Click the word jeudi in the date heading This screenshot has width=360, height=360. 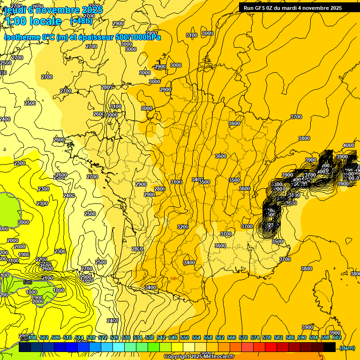[15, 9]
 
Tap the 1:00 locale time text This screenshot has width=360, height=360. [33, 21]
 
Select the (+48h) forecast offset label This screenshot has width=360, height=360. [81, 21]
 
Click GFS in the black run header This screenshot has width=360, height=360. [261, 8]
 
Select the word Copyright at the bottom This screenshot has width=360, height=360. [176, 357]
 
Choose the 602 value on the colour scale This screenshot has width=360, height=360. [337, 337]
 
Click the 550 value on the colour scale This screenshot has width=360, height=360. [184, 337]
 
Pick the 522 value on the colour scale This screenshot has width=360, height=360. [103, 337]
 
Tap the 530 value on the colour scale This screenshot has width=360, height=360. [126, 337]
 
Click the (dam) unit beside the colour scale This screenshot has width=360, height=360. [347, 348]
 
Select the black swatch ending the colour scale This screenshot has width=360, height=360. [330, 347]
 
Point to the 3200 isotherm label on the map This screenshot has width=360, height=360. [182, 227]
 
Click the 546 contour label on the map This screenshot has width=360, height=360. [28, 282]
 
